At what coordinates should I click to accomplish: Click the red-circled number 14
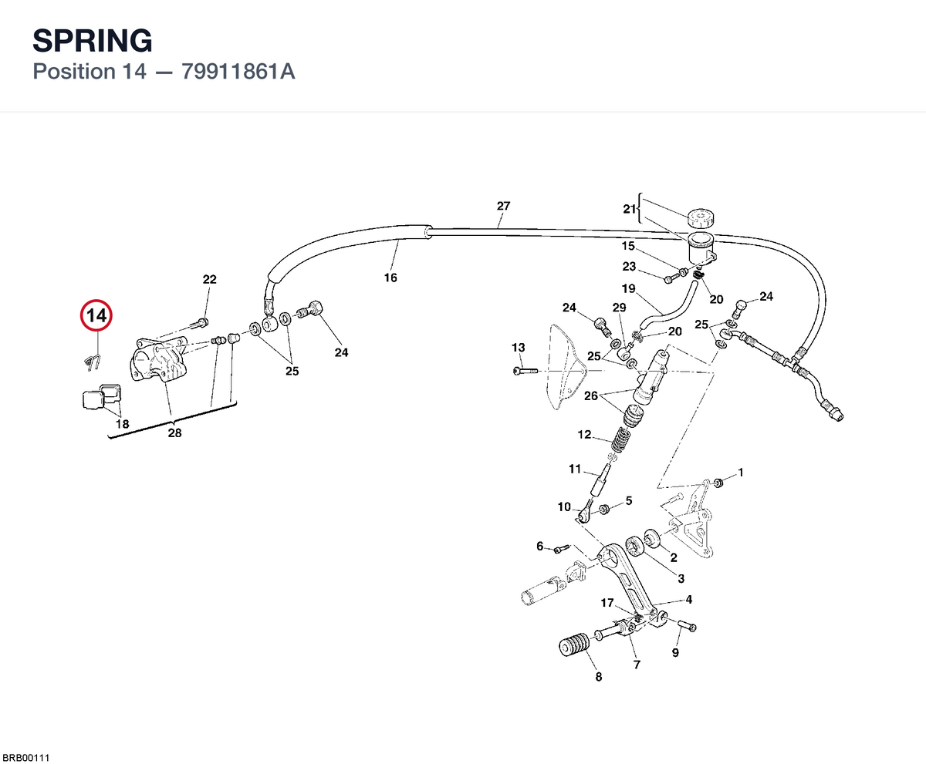[96, 315]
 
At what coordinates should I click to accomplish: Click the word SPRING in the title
[93, 41]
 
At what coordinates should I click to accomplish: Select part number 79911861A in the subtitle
[238, 72]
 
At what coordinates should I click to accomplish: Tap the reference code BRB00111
[25, 758]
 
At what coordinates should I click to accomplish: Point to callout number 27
[503, 206]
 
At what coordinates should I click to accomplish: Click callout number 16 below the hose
[390, 278]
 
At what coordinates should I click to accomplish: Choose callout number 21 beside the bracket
[630, 209]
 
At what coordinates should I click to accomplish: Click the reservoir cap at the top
[700, 217]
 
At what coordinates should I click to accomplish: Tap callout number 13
[518, 348]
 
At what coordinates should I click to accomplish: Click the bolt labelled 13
[526, 371]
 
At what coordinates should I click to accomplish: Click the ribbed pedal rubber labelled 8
[574, 645]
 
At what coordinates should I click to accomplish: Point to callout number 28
[174, 432]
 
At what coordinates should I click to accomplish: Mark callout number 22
[209, 279]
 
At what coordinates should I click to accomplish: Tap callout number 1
[740, 473]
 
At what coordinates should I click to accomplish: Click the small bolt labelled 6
[562, 549]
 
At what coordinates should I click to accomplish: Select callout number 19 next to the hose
[628, 288]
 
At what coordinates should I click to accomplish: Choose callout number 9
[675, 652]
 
